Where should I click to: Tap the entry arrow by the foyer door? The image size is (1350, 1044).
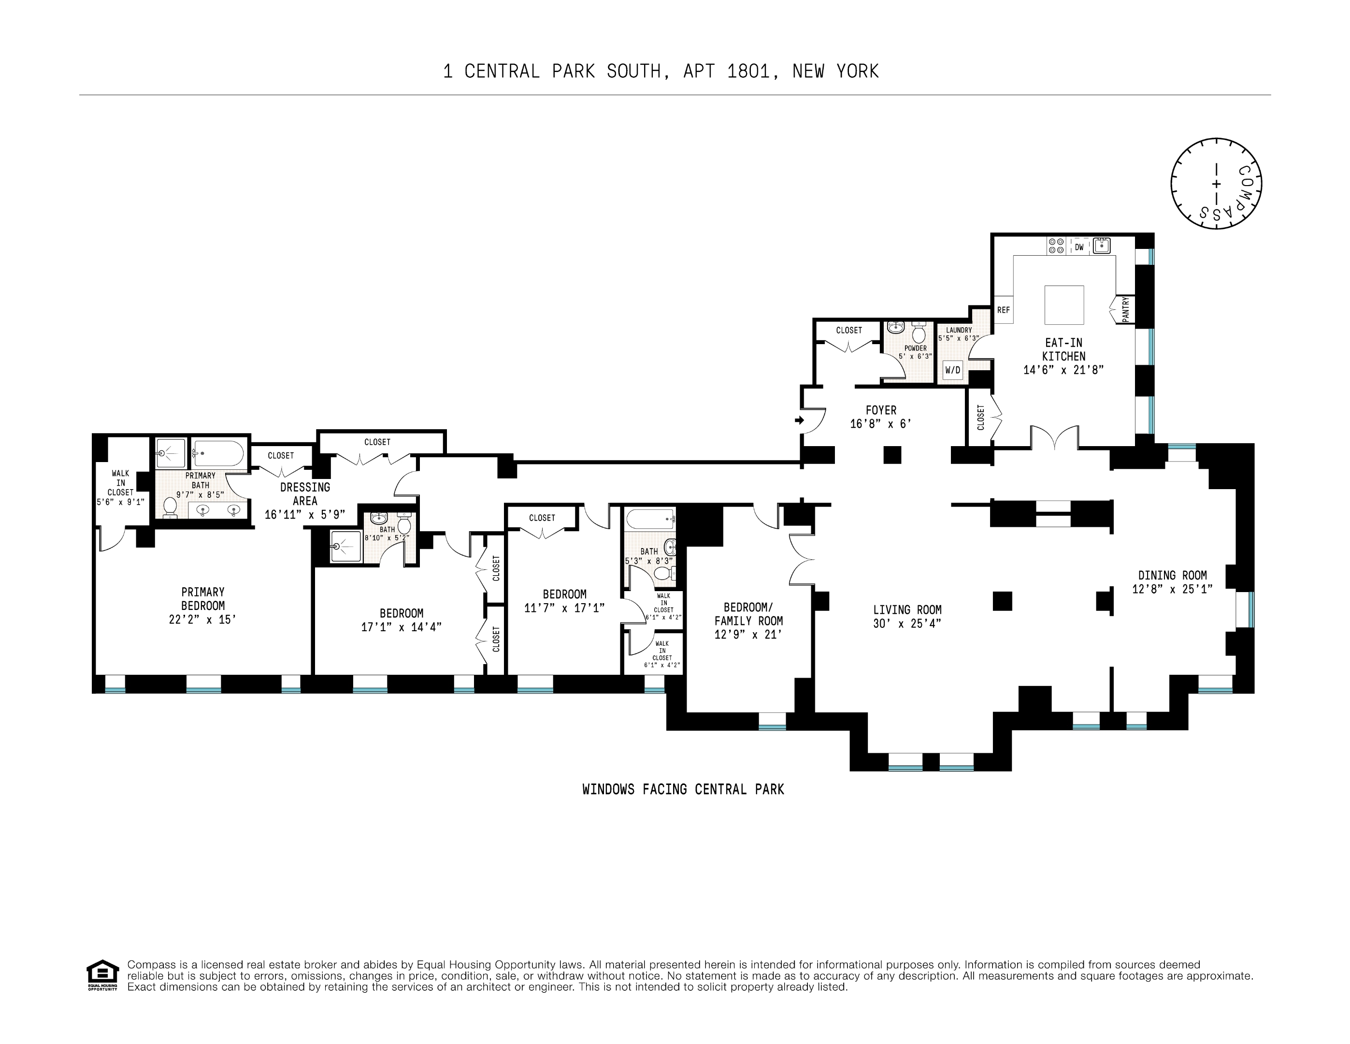click(799, 420)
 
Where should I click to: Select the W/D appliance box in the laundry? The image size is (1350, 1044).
click(952, 370)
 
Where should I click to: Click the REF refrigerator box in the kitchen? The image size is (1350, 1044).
click(1003, 310)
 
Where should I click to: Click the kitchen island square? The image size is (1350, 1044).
click(1064, 305)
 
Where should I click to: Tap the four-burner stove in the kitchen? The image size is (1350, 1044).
click(1056, 246)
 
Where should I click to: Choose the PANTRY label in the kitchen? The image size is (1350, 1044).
click(1126, 309)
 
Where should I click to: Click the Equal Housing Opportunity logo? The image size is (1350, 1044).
click(102, 975)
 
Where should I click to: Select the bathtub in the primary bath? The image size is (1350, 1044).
click(219, 453)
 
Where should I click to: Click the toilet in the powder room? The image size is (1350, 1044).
click(918, 332)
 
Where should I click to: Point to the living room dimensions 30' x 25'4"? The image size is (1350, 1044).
click(907, 624)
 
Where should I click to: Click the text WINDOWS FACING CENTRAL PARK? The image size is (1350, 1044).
click(683, 790)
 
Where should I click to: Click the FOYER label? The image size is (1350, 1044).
click(881, 410)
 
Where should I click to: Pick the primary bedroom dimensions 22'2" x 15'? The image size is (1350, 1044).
click(203, 620)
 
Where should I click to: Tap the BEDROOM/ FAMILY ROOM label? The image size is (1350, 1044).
click(748, 614)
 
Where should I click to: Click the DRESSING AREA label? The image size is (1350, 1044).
click(305, 494)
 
